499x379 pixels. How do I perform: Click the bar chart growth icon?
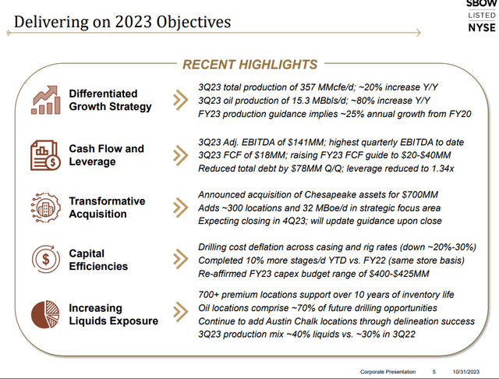click(x=45, y=100)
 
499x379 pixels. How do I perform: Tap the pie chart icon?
click(x=45, y=314)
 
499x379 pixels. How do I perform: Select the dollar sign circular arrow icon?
click(x=46, y=259)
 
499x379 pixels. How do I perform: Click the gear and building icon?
click(x=45, y=207)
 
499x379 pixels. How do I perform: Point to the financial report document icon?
click(x=45, y=155)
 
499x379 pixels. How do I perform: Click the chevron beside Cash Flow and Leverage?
click(x=180, y=155)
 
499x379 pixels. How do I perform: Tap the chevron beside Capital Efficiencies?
click(x=180, y=259)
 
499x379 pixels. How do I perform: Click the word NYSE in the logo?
click(x=482, y=27)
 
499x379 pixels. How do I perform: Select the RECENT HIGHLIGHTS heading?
click(x=249, y=65)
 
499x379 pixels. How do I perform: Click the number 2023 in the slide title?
click(x=133, y=22)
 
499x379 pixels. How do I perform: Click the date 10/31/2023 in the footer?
click(x=466, y=372)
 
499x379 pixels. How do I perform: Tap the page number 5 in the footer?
click(x=434, y=372)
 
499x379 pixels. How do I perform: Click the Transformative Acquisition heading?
click(x=107, y=207)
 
